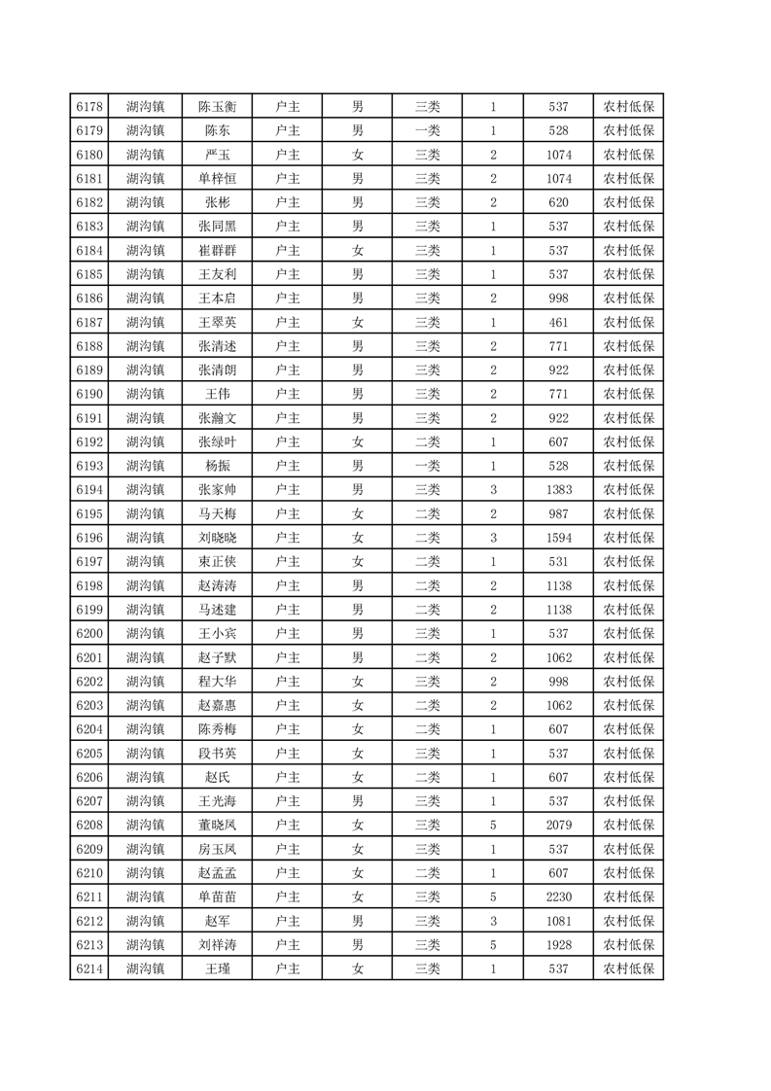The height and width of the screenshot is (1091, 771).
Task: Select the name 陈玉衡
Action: [x=218, y=107]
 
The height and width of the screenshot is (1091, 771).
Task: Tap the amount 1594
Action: [x=558, y=537]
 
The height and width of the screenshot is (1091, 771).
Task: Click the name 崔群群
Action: [x=218, y=250]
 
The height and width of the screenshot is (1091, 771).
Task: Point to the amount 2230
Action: [x=558, y=896]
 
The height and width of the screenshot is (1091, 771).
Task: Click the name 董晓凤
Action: [x=218, y=825]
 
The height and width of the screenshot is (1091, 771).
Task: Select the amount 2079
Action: [x=558, y=825]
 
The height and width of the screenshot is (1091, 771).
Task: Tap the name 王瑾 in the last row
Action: [x=218, y=968]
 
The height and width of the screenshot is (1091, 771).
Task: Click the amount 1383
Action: [x=558, y=489]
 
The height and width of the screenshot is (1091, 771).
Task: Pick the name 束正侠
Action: [x=218, y=561]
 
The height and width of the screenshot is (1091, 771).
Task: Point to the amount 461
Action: [x=558, y=322]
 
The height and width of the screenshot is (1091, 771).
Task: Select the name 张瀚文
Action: [x=218, y=417]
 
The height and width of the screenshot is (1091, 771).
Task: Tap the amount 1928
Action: [x=558, y=944]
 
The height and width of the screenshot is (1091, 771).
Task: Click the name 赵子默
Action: [x=218, y=656]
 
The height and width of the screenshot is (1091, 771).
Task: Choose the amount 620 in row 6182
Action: [x=558, y=202]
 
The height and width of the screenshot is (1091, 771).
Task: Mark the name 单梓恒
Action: [x=218, y=179]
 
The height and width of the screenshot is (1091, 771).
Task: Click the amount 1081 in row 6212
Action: [x=558, y=920]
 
